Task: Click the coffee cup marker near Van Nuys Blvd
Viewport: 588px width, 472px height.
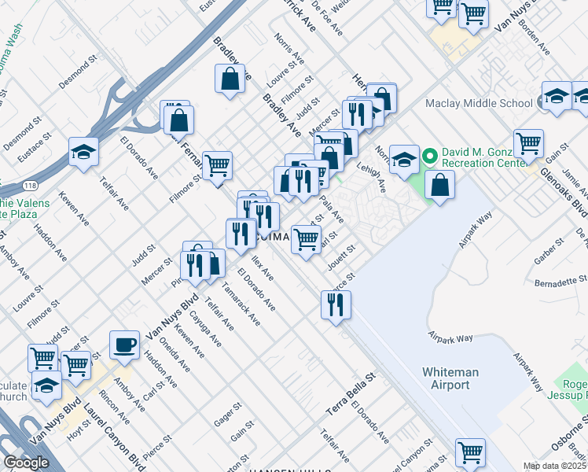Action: click(124, 345)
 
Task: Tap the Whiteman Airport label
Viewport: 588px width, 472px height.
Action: click(445, 378)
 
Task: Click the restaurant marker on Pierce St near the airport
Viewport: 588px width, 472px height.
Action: click(336, 305)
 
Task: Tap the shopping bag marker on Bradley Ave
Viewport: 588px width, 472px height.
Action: click(229, 79)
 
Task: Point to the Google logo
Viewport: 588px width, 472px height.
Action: click(27, 463)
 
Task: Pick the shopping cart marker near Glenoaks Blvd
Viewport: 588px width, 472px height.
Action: click(528, 144)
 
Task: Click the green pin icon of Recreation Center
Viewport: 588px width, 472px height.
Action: click(430, 154)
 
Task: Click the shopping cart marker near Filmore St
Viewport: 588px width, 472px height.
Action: click(217, 165)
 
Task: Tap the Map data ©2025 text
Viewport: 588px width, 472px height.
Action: click(555, 466)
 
